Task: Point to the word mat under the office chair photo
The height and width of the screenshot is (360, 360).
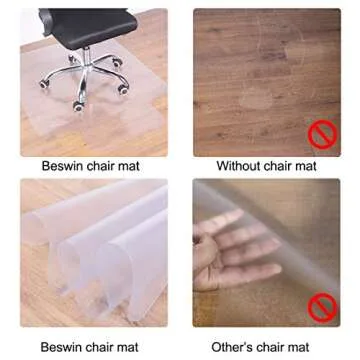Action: click(128, 167)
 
